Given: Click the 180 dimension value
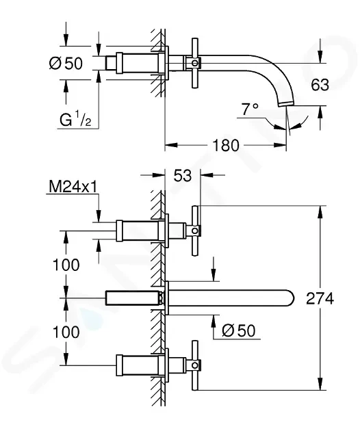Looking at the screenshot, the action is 226,145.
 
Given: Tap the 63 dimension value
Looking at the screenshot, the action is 320,85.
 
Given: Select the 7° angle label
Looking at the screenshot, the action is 250,109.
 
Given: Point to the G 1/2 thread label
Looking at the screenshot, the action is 75,120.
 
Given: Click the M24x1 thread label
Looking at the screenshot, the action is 73,187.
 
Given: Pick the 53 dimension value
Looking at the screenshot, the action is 183,175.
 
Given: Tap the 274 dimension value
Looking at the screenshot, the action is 320,298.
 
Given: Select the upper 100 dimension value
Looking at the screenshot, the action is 66,265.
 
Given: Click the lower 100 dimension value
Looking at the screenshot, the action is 66,332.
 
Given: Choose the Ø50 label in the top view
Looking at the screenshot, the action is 66,64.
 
